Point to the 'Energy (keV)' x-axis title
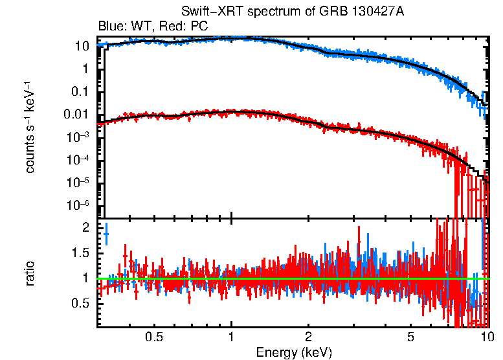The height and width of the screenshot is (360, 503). [x=294, y=352]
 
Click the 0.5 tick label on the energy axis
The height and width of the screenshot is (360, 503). [x=153, y=337]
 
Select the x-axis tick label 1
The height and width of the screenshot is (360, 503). [x=231, y=337]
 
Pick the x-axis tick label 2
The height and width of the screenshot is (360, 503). [x=309, y=337]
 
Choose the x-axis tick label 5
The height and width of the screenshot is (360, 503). [x=410, y=337]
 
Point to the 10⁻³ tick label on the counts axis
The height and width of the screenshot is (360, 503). [x=79, y=137]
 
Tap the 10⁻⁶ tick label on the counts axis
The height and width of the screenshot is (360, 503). [x=79, y=205]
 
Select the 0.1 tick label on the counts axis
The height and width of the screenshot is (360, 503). [x=82, y=91]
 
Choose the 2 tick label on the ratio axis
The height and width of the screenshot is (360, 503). [x=86, y=228]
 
